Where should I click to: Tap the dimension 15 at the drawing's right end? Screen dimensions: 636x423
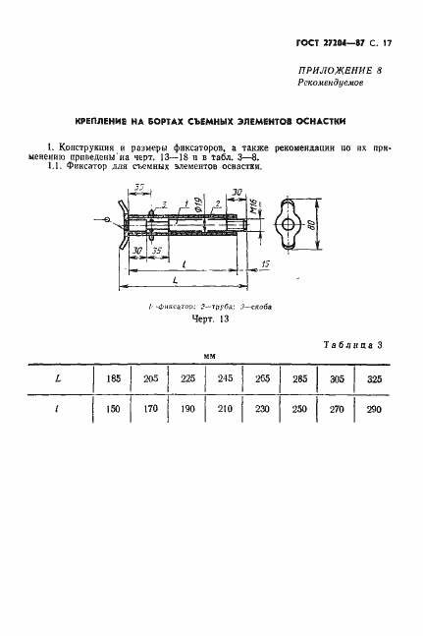click(x=266, y=263)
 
